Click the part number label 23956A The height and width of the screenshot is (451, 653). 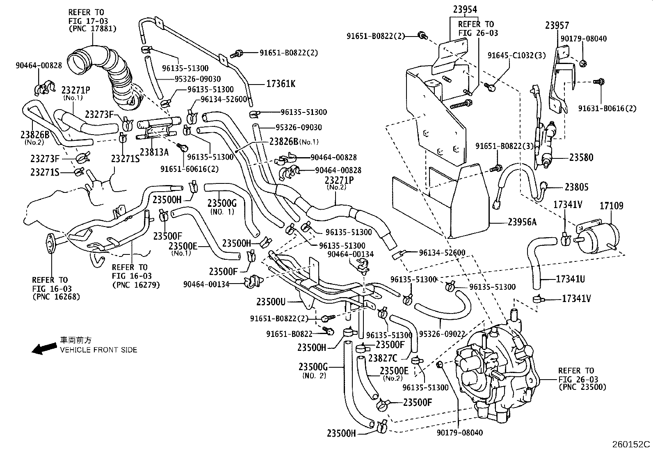(x=522, y=222)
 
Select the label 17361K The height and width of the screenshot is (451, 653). (x=281, y=84)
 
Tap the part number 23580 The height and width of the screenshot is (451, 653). (x=581, y=157)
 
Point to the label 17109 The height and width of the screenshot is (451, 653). (x=612, y=205)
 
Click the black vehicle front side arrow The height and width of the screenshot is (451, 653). (x=45, y=348)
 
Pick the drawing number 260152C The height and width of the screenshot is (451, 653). (x=631, y=444)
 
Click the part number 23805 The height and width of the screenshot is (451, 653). (x=576, y=187)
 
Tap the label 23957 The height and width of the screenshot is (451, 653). (x=557, y=25)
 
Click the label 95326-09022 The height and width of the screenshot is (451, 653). (x=442, y=334)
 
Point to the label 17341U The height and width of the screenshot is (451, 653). (x=571, y=279)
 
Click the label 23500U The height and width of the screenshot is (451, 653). (x=271, y=302)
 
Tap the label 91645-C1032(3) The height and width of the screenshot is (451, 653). (x=516, y=55)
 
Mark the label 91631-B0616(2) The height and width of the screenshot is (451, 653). (x=607, y=108)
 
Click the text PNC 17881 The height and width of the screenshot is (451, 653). (x=92, y=29)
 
